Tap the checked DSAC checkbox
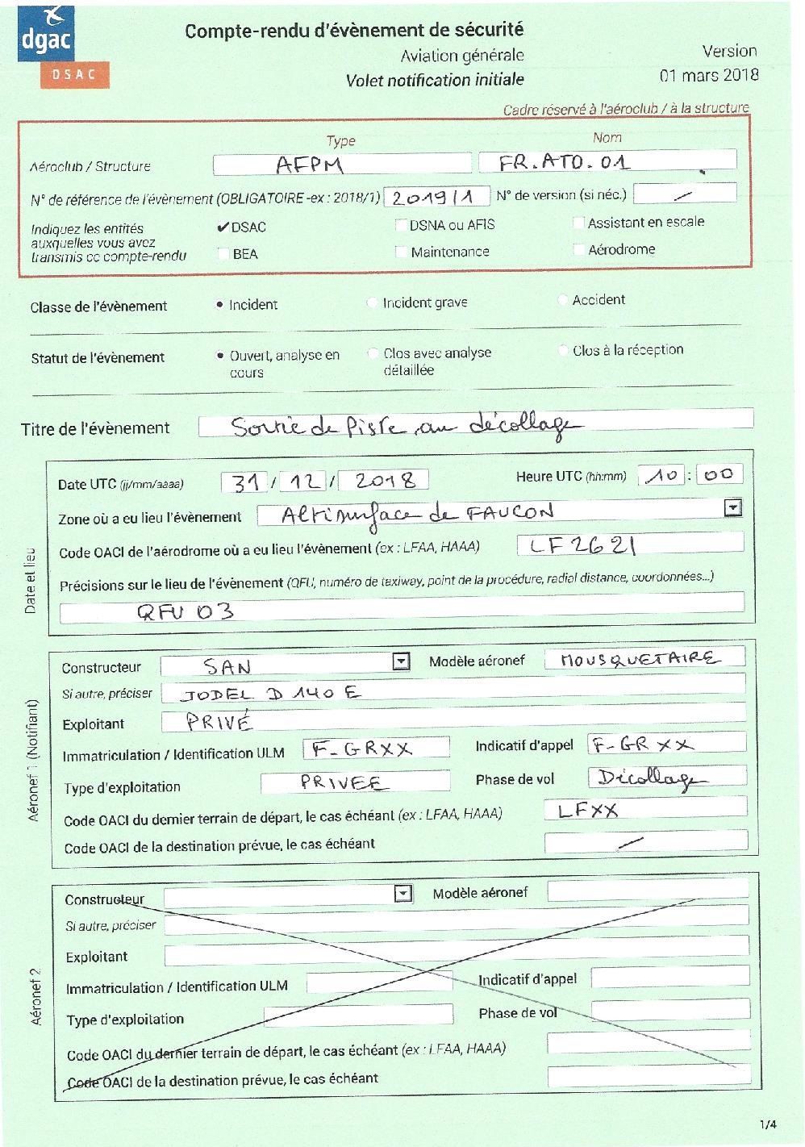[223, 227]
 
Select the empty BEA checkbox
[223, 254]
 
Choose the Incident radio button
[219, 305]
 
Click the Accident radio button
[563, 300]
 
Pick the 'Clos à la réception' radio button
[563, 350]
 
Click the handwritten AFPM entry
[310, 165]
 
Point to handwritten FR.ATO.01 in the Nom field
[564, 162]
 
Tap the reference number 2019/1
[436, 197]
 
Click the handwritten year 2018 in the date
[385, 481]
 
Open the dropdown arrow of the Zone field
[732, 507]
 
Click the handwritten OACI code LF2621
[580, 546]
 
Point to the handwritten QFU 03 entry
[185, 611]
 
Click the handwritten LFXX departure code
[588, 809]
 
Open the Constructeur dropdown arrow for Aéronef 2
[402, 894]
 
